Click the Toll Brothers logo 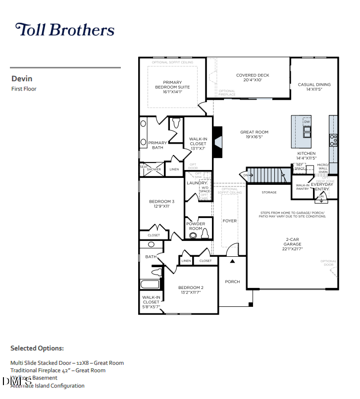pos(65,30)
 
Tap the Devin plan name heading pos(22,78)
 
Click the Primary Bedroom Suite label pos(172,87)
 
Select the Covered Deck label pos(253,77)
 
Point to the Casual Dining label pos(314,87)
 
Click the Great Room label pos(254,134)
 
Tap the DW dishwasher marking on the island pos(307,121)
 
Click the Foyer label pos(229,221)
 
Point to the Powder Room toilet pos(205,234)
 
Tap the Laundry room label pos(197,183)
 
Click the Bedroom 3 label pos(161,204)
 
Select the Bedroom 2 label pos(191,290)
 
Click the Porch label pos(232,282)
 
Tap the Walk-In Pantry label pos(303,187)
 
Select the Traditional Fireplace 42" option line pos(58,370)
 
